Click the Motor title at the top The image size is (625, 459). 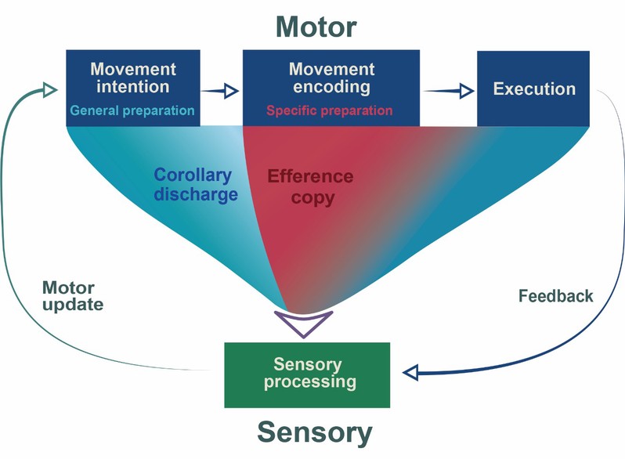coord(316,27)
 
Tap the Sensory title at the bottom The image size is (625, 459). coord(315,432)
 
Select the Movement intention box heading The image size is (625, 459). coord(132,78)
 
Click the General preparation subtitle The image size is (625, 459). coord(132,110)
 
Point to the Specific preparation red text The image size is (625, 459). coord(329,110)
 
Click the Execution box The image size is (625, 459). coord(534,89)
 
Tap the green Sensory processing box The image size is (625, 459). coord(306,374)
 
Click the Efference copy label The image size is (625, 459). coord(311,186)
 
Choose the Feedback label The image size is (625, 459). coord(556,296)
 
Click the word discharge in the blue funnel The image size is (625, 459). coord(196,194)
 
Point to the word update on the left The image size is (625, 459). coord(72,305)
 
